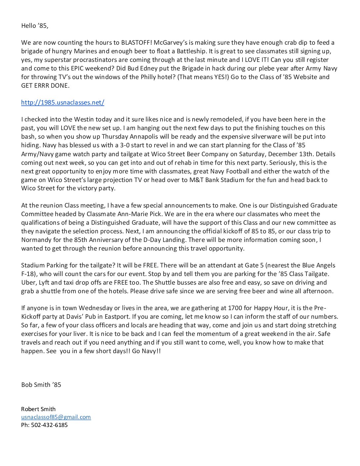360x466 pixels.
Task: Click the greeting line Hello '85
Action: click(x=34, y=26)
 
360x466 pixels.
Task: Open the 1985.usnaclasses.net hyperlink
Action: click(x=63, y=103)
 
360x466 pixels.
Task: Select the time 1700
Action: click(x=235, y=308)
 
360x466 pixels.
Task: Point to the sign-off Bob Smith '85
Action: click(x=41, y=385)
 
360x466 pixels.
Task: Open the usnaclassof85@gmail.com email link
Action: click(x=56, y=417)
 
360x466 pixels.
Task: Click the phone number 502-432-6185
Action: click(x=49, y=425)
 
